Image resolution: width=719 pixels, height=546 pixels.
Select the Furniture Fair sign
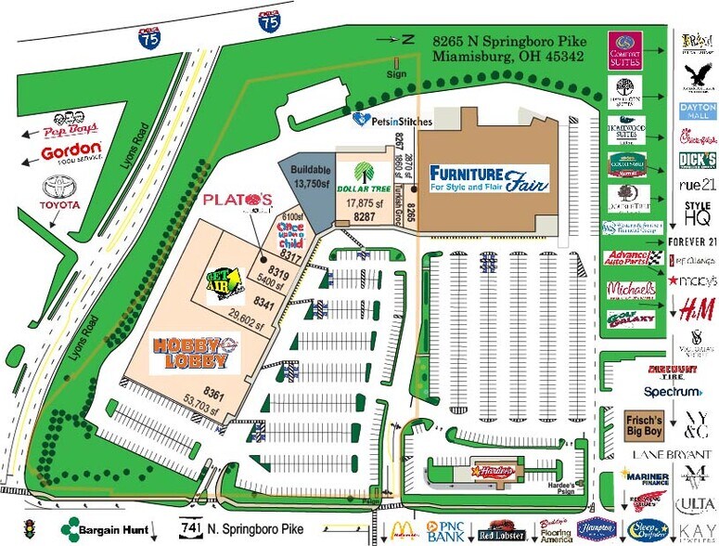pyautogui.click(x=488, y=177)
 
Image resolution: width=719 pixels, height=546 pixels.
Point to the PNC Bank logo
pyautogui.click(x=443, y=531)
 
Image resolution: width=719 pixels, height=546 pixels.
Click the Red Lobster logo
pyautogui.click(x=501, y=532)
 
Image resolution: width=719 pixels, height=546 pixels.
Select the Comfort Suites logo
pyautogui.click(x=626, y=50)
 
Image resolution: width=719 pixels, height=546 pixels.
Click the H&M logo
pyautogui.click(x=697, y=308)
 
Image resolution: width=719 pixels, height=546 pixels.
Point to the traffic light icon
pyautogui.click(x=30, y=529)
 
